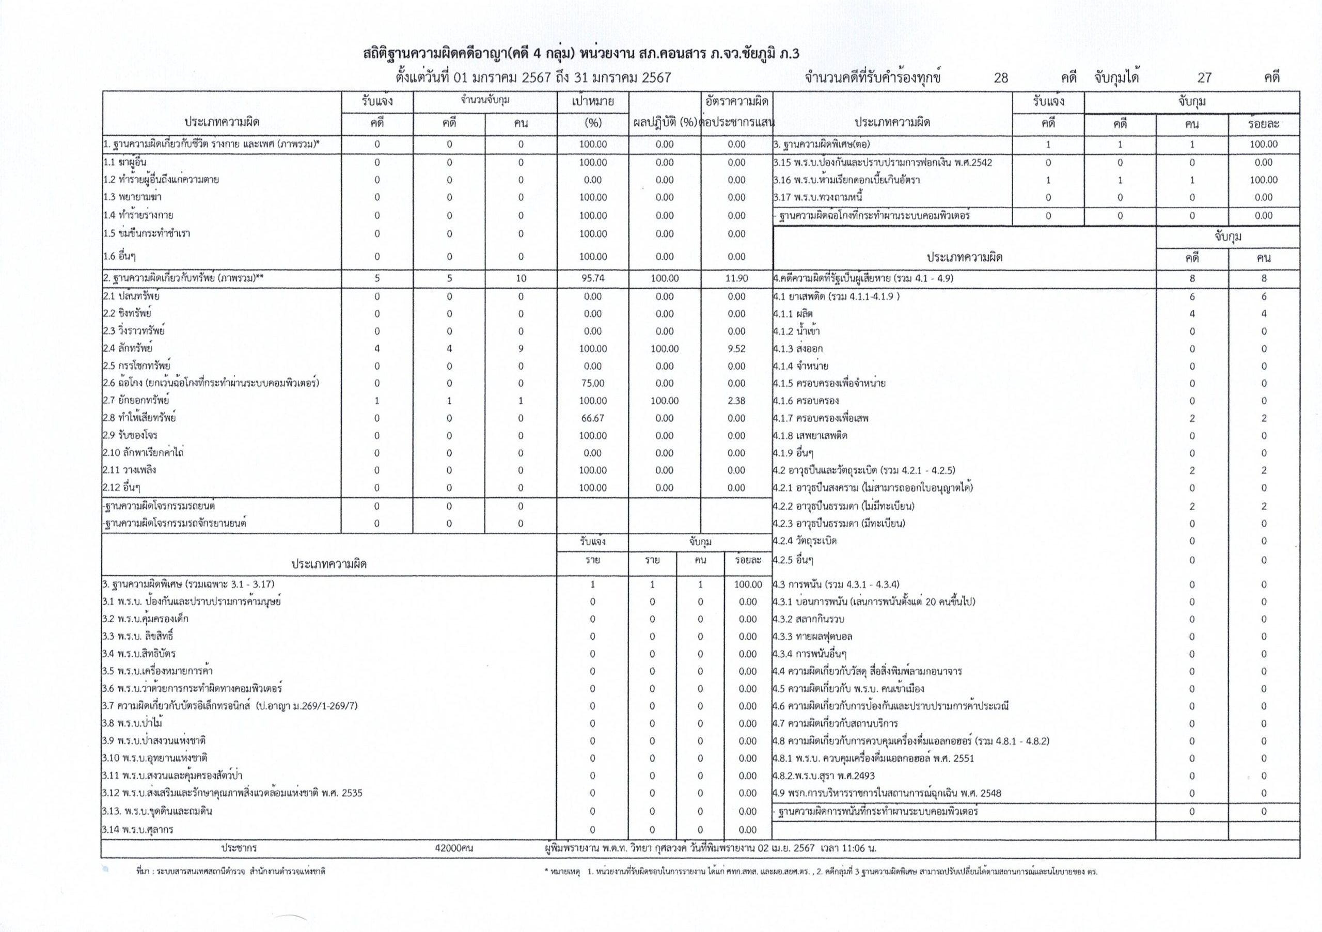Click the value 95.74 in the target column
coord(592,278)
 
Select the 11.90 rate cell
coord(736,278)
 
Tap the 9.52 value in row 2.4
coord(736,349)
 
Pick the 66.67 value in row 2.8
coord(592,418)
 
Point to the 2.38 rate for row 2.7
coord(736,401)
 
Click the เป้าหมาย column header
coord(592,102)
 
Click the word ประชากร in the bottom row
coord(239,848)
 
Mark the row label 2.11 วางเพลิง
coord(129,470)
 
